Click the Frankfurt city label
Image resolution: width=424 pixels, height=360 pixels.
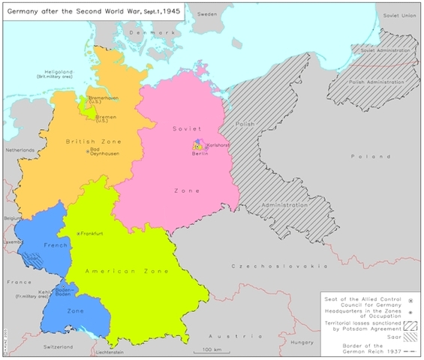(91, 235)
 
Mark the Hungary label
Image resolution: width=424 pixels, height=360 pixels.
(301, 341)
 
